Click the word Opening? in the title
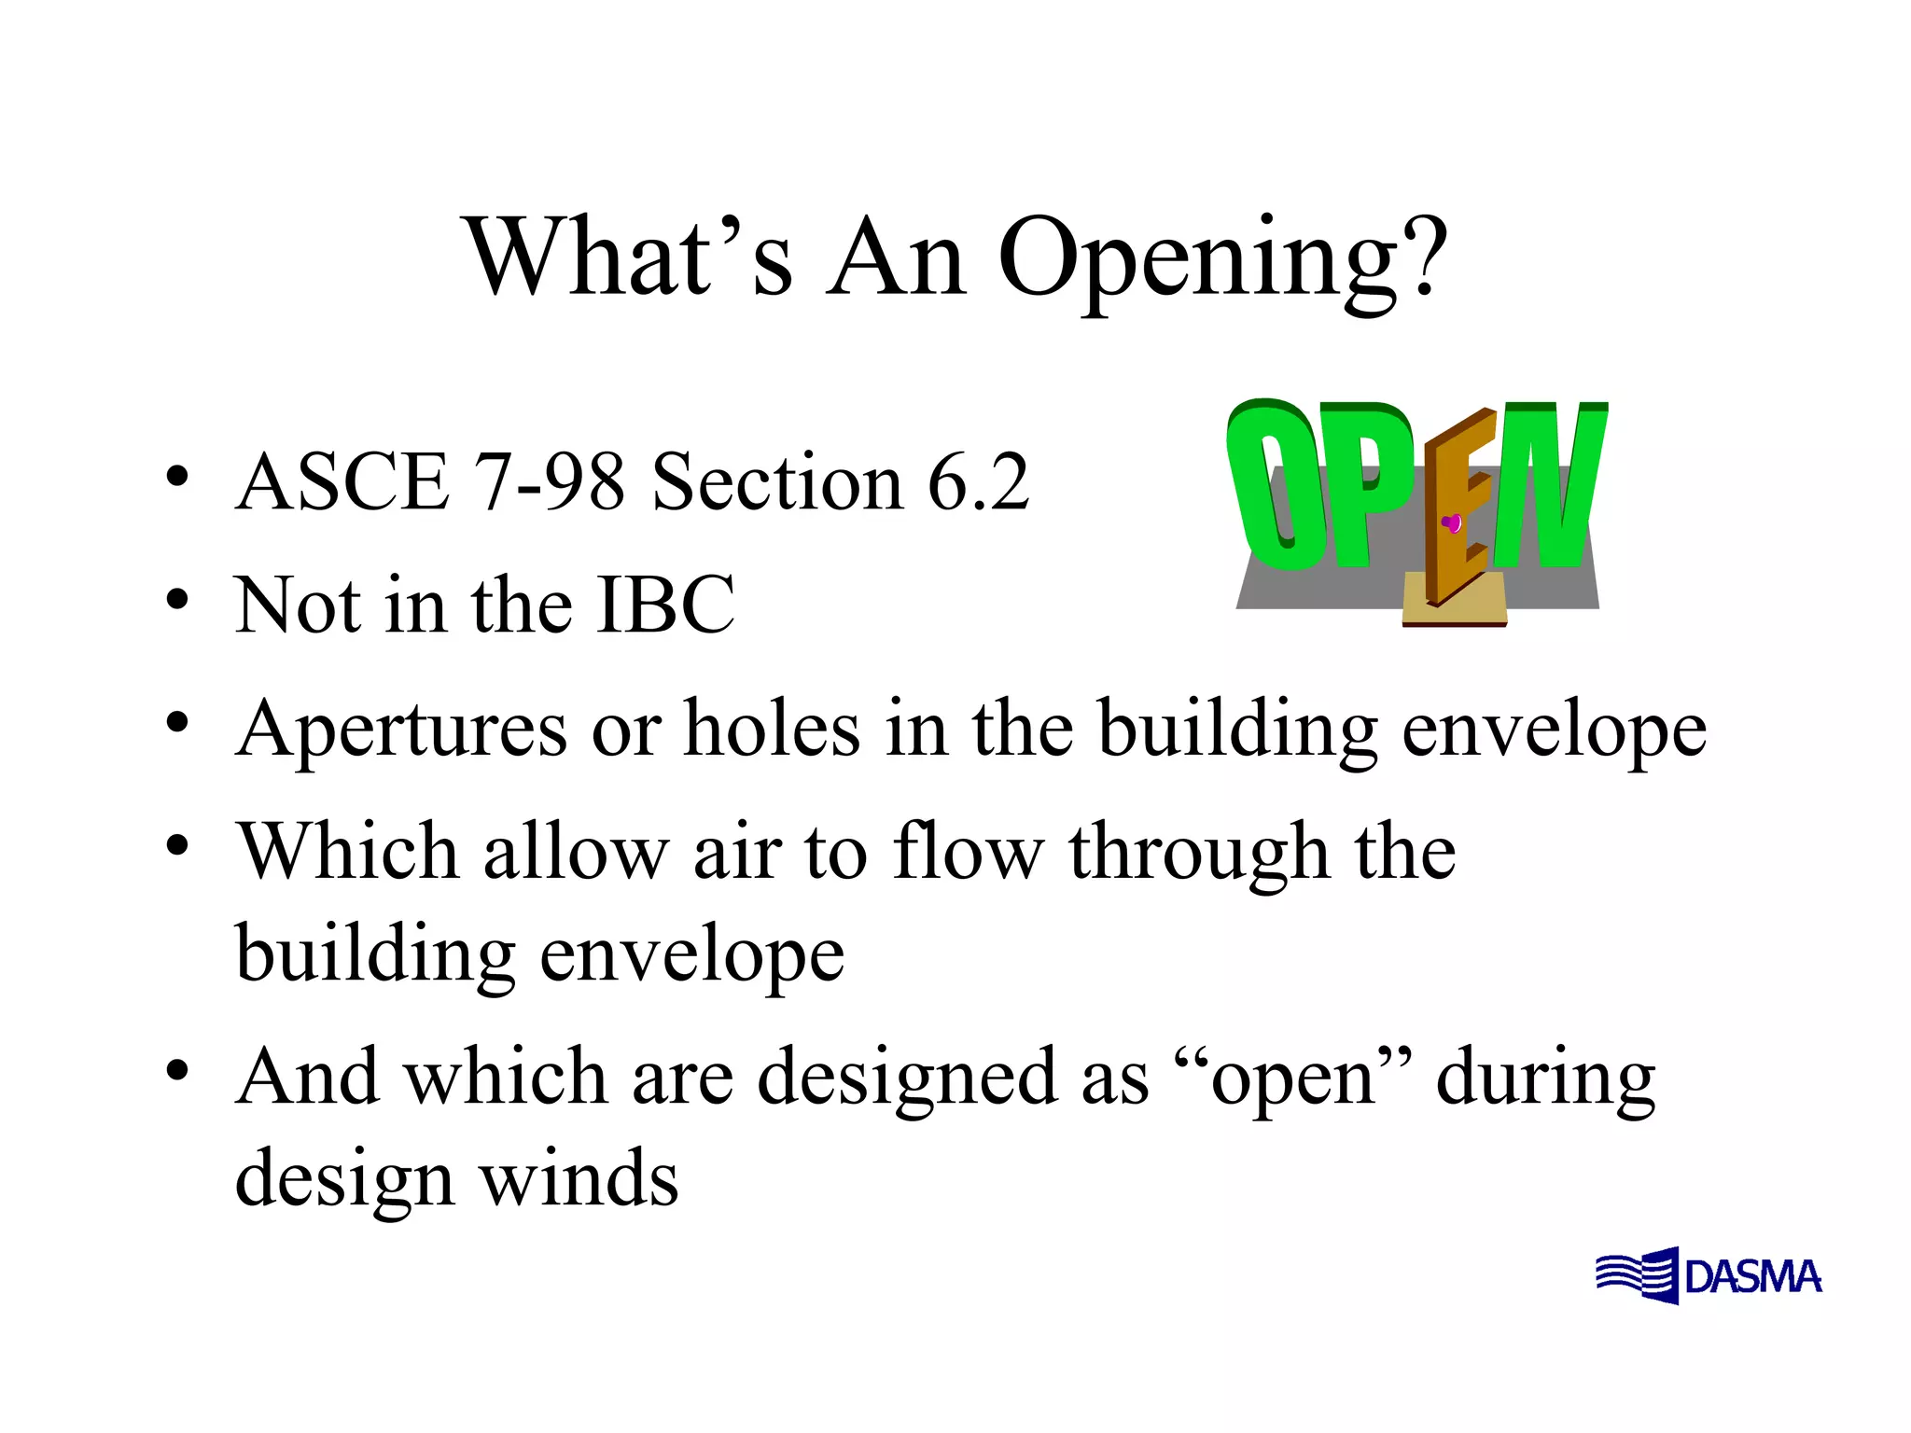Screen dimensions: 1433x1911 (x=1222, y=261)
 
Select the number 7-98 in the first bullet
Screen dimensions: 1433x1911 (x=550, y=482)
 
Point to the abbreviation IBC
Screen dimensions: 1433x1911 (x=665, y=605)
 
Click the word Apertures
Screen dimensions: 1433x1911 (x=402, y=730)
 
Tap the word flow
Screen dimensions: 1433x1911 (x=968, y=851)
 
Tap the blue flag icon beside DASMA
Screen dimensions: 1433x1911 (x=1638, y=1275)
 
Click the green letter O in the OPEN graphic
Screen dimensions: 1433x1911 (x=1269, y=485)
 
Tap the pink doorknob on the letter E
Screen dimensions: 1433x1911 (x=1452, y=523)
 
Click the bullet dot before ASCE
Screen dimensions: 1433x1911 (x=177, y=478)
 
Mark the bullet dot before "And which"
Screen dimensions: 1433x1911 (x=177, y=1070)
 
